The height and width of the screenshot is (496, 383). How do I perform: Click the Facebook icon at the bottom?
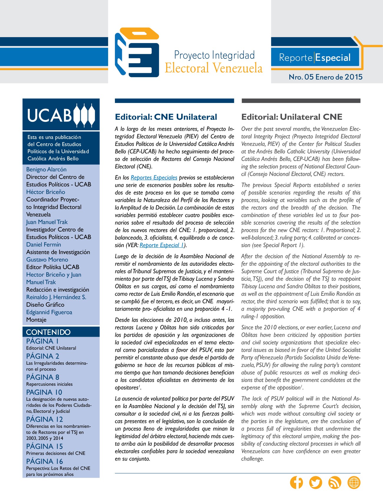coord(296,482)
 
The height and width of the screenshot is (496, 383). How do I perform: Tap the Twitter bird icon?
coord(316,482)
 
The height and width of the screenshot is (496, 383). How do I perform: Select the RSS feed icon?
coord(335,482)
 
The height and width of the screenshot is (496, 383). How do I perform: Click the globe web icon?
coord(354,482)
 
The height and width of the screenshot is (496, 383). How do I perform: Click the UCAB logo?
coord(61,114)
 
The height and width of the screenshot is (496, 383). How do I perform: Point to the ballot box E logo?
coord(137,52)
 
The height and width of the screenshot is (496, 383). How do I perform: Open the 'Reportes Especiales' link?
coord(154,178)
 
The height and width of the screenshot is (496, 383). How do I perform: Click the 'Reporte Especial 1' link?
coord(162,245)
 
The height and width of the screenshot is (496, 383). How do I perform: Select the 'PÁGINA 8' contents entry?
coord(43,377)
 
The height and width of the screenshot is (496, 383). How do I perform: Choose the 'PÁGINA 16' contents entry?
coord(44,461)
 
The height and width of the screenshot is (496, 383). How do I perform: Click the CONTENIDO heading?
coord(48,332)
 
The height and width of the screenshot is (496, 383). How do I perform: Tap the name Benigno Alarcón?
coord(46,169)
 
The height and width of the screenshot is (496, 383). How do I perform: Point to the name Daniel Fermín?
coord(44,244)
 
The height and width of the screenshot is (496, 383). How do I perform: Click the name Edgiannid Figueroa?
coord(49,312)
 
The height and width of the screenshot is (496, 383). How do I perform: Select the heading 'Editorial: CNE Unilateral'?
coord(166,117)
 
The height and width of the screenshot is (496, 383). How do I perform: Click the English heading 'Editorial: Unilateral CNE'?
coord(292,117)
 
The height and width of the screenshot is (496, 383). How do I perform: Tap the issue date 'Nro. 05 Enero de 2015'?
coord(326,77)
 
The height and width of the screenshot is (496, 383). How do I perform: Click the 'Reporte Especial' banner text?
coord(315,58)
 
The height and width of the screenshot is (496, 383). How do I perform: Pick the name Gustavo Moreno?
coord(47,260)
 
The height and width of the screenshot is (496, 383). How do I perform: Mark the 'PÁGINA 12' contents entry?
coord(44,419)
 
